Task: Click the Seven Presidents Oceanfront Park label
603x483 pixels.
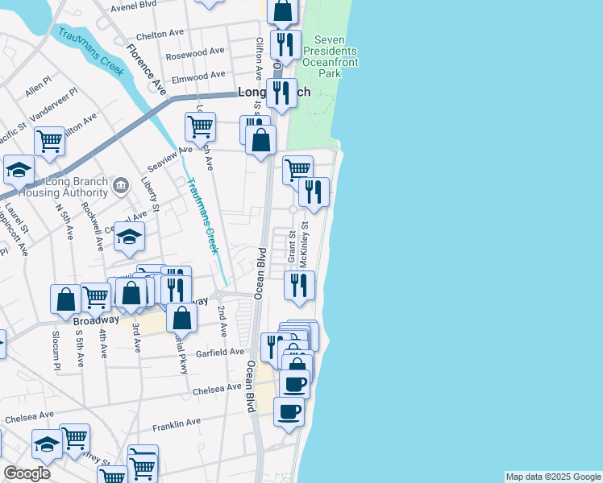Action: (x=330, y=56)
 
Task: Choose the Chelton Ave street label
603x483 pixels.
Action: (x=160, y=35)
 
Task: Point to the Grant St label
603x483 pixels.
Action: (x=292, y=248)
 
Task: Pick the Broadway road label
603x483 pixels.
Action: (x=96, y=320)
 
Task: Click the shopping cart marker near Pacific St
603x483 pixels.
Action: (x=50, y=141)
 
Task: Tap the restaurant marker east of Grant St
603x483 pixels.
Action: (x=299, y=286)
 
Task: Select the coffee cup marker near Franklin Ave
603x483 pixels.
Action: (x=289, y=411)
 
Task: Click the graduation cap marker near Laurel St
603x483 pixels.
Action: (x=19, y=170)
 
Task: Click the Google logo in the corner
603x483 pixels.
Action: (x=27, y=473)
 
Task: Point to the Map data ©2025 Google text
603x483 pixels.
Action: (x=553, y=477)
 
